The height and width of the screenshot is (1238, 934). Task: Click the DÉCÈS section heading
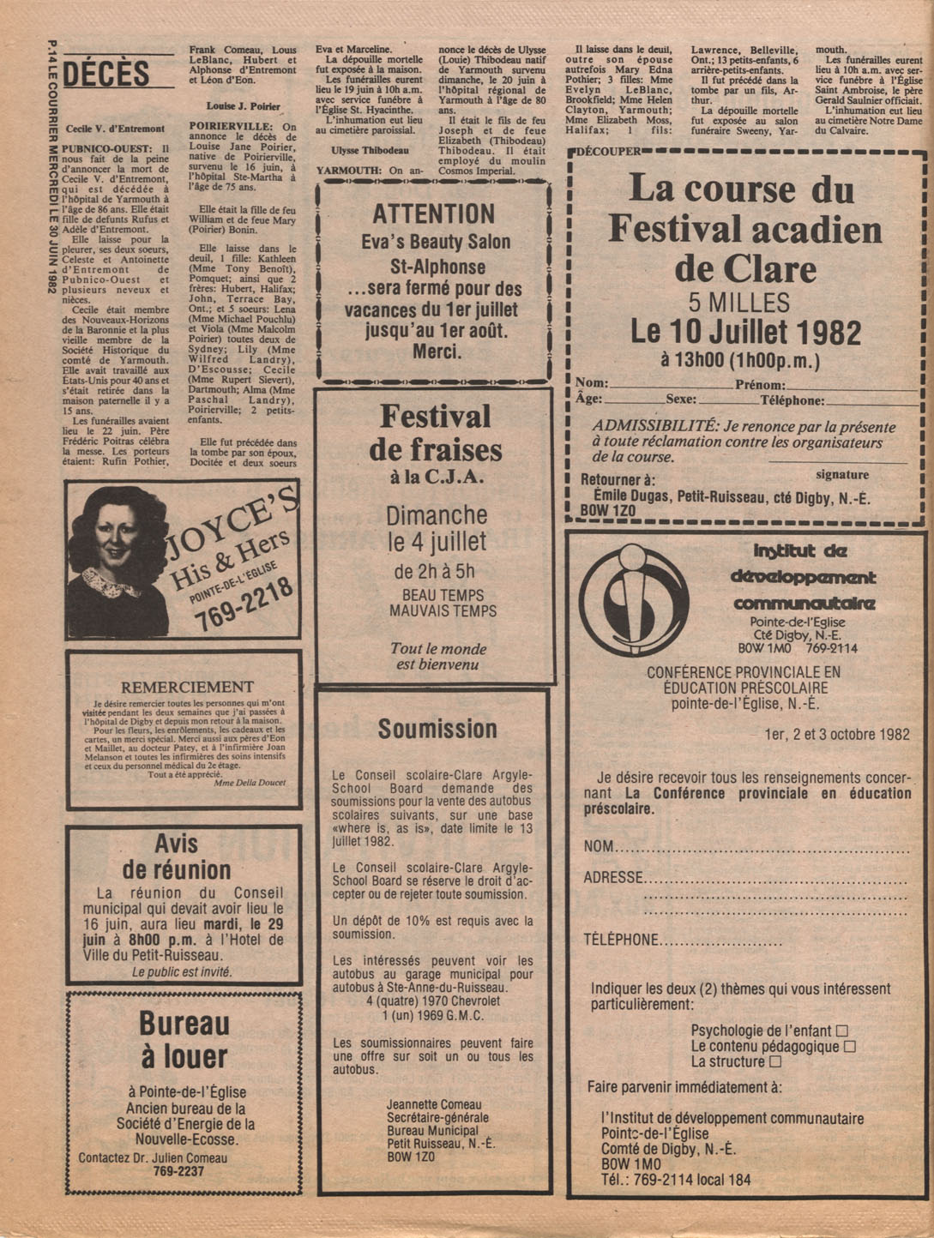[x=105, y=75]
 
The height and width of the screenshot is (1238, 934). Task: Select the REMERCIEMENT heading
[x=187, y=687]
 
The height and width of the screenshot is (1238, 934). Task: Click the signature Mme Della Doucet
[x=250, y=782]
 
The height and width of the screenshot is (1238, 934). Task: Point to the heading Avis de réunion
[x=177, y=856]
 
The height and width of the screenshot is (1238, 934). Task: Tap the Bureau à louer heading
[x=184, y=1040]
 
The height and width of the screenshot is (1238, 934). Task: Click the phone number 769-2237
[x=178, y=1171]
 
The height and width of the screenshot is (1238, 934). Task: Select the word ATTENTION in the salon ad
[x=434, y=213]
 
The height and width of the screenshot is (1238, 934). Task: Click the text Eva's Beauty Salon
[x=435, y=242]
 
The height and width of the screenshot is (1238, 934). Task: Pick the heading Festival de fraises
[x=436, y=433]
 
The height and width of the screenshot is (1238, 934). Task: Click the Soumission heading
[x=437, y=730]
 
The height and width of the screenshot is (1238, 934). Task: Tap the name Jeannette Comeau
[x=434, y=1104]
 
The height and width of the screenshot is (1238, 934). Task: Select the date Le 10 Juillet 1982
[x=745, y=332]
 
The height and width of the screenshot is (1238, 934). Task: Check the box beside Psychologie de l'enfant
[x=841, y=1031]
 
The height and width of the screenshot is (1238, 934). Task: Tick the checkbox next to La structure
[x=775, y=1061]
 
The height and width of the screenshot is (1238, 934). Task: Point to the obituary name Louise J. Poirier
[x=244, y=106]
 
